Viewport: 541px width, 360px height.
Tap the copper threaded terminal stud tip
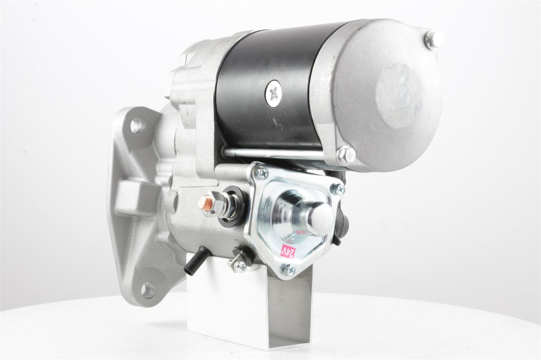click(205, 201)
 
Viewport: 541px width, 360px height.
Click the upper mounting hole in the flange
click(138, 125)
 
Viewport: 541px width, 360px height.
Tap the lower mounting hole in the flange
click(148, 289)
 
